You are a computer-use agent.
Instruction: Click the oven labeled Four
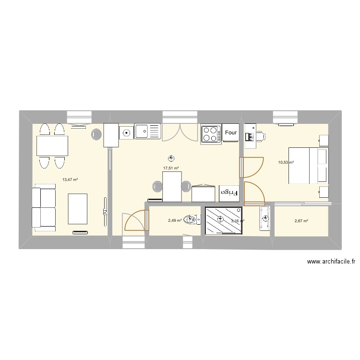(231, 133)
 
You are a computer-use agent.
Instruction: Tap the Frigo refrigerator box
(229, 192)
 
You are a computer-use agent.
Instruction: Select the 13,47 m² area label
(70, 180)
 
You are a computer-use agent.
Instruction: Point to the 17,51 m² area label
(171, 168)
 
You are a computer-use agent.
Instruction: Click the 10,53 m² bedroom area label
(286, 163)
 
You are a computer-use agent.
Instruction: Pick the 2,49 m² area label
(175, 220)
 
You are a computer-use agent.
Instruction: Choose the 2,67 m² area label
(301, 221)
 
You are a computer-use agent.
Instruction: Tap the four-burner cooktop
(211, 133)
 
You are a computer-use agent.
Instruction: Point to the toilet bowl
(192, 220)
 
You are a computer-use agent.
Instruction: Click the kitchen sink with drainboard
(147, 131)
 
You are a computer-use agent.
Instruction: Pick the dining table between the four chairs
(52, 145)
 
